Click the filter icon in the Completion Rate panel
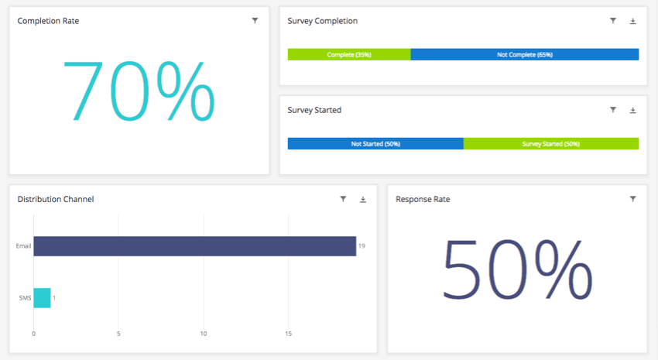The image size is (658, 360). coord(255,21)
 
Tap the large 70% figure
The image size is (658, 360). coord(138,90)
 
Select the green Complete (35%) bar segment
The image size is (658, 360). coord(349,55)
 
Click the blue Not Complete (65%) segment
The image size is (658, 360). coord(524,55)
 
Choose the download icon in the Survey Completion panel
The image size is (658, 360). coord(632,21)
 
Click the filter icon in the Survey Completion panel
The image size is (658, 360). coord(613,21)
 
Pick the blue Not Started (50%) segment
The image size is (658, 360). coord(375,144)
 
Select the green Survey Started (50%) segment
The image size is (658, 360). coord(551,144)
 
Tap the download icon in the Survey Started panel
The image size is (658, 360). coord(632,111)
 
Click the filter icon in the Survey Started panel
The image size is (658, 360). coord(613,110)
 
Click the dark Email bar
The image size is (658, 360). coord(194,246)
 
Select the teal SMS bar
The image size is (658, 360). coord(42,298)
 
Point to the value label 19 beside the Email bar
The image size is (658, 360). coord(362,246)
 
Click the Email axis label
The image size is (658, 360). coord(23,246)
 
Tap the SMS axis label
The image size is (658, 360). coord(25,298)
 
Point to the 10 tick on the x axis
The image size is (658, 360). coord(203,334)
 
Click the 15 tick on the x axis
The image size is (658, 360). coord(288,334)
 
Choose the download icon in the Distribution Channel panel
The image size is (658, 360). coord(363,200)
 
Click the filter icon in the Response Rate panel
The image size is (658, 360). coord(632,199)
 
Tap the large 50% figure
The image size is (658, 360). coord(516,268)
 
